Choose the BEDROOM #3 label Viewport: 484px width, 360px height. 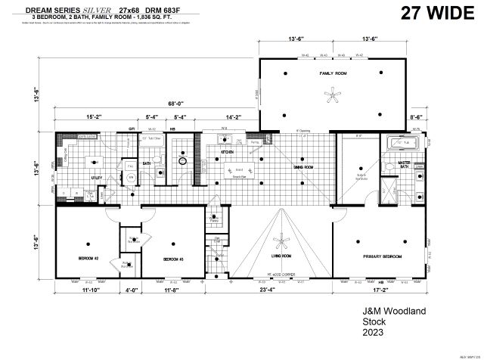click(x=173, y=259)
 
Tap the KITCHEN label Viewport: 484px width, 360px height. click(x=228, y=152)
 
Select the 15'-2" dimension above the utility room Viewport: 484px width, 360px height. click(x=95, y=117)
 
